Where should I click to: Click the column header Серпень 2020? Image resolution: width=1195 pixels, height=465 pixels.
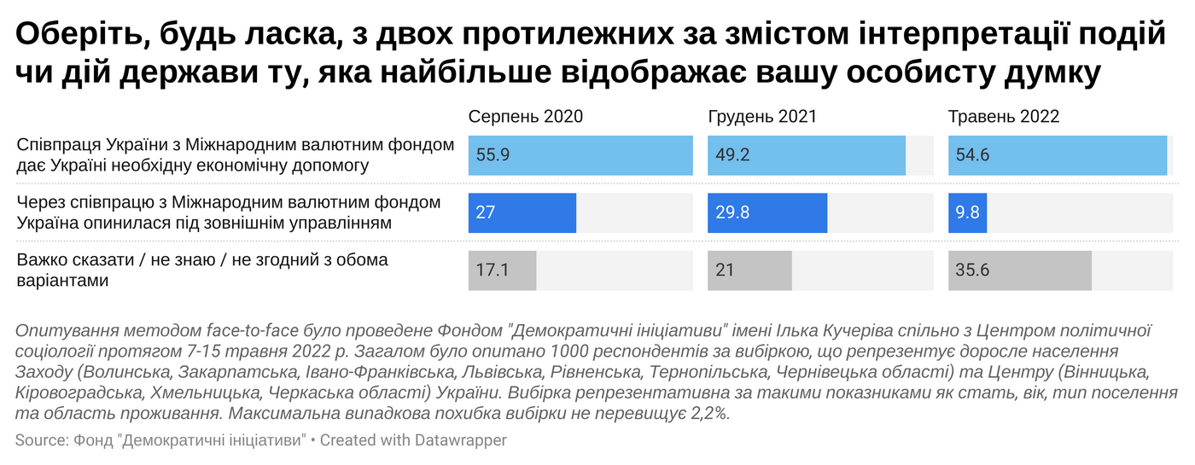[525, 117]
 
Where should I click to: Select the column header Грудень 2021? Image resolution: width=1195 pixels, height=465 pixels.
[762, 117]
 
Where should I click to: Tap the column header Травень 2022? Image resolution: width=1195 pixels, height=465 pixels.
[1004, 117]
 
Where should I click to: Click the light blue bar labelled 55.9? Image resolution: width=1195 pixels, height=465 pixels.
[580, 155]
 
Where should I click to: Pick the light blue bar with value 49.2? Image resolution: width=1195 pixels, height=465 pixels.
[806, 155]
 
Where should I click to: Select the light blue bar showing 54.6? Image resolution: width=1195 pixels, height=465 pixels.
[1057, 155]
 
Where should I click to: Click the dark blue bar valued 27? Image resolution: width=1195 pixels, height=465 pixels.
[522, 212]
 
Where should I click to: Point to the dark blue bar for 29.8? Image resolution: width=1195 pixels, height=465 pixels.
[767, 212]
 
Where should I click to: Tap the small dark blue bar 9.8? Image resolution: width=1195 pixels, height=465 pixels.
[967, 212]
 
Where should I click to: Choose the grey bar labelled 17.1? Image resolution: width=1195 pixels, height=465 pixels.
[502, 270]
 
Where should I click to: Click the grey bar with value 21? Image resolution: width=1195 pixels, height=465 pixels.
[749, 270]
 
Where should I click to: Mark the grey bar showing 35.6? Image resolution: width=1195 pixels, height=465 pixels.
[1020, 270]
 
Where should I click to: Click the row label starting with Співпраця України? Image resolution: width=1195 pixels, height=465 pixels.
[236, 155]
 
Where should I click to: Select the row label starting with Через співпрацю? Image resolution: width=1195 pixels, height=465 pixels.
[229, 212]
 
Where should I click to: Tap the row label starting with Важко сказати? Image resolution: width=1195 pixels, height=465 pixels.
[202, 270]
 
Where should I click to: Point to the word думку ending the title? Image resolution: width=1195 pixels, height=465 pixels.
[1052, 73]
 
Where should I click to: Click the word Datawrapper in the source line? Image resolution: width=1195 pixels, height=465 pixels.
[461, 440]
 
